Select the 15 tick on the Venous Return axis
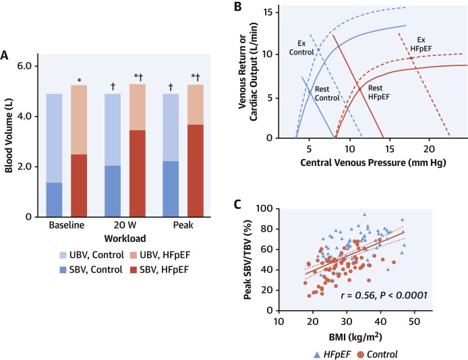coord(285,13)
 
